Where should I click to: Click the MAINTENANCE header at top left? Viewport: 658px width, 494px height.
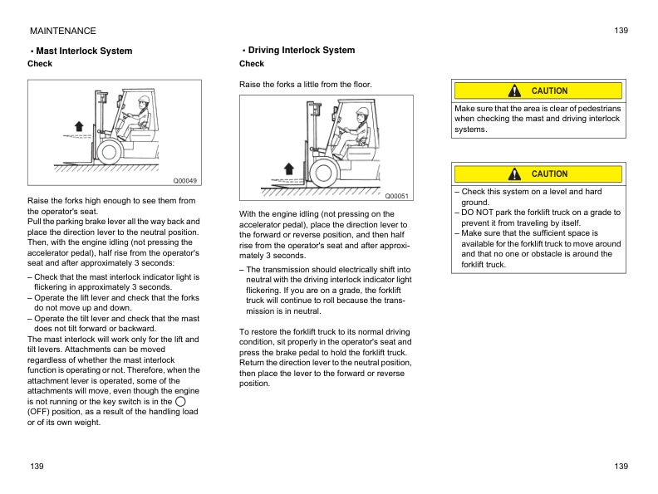coord(62,31)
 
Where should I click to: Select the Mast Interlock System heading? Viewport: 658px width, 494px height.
coord(83,51)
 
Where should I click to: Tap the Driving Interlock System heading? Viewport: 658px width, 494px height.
coord(301,50)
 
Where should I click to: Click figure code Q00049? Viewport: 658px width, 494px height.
coord(184,180)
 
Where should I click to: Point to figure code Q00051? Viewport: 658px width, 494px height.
coord(397,195)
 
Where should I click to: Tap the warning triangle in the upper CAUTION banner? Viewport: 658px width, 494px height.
coord(516,90)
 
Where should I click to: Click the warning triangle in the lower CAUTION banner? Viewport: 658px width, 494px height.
coord(516,174)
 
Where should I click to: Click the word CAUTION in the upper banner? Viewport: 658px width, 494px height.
coord(549,90)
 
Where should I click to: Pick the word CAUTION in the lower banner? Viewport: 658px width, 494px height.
coord(549,174)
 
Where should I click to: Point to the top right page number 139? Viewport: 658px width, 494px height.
coord(621,31)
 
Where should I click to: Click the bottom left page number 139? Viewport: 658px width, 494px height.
coord(36,467)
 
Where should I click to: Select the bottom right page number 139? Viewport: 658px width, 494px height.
coord(621,467)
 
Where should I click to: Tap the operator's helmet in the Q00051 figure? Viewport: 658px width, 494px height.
coord(361,112)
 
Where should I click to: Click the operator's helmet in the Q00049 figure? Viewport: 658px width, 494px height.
coord(144,100)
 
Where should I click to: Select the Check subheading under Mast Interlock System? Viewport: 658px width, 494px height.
coord(40,64)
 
